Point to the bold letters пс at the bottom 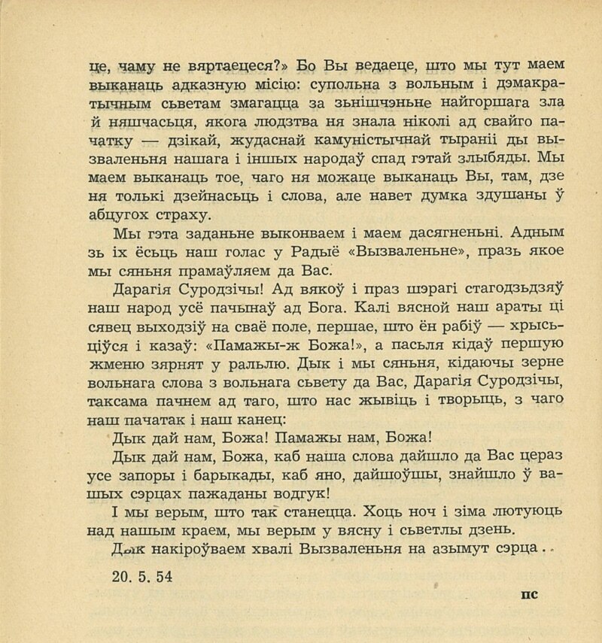528,593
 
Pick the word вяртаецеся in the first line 237,64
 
